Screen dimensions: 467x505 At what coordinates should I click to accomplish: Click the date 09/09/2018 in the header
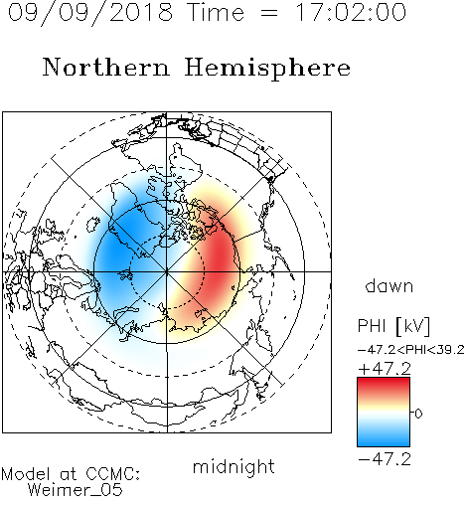coord(89,13)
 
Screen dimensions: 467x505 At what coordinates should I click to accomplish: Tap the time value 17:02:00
coord(351,12)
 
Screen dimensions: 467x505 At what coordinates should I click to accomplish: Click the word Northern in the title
coord(106,68)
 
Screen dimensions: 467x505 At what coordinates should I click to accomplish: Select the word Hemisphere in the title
coord(267,69)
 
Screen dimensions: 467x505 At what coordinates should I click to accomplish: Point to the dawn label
coord(389,285)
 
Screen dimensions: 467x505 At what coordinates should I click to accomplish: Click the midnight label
coord(233,467)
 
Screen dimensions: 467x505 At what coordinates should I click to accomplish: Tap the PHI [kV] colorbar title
coord(393,326)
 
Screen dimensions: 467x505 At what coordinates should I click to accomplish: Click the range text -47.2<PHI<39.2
coord(411,350)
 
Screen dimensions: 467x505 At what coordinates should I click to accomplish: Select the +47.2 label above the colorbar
coord(385,369)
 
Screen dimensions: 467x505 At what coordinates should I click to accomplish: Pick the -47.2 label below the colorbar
coord(385,459)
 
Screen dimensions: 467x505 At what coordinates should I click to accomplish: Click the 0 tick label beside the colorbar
coord(418,414)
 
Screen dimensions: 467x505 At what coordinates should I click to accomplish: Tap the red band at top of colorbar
coord(384,385)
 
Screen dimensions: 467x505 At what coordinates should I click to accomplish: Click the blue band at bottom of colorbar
coord(384,439)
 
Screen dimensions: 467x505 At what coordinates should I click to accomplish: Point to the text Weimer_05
coord(76,489)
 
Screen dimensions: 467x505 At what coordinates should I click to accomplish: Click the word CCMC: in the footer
coord(113,474)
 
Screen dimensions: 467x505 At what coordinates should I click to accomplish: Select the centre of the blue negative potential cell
coord(122,255)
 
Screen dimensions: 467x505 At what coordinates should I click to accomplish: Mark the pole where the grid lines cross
coord(167,271)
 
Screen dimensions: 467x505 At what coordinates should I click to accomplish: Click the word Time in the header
coord(216,12)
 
